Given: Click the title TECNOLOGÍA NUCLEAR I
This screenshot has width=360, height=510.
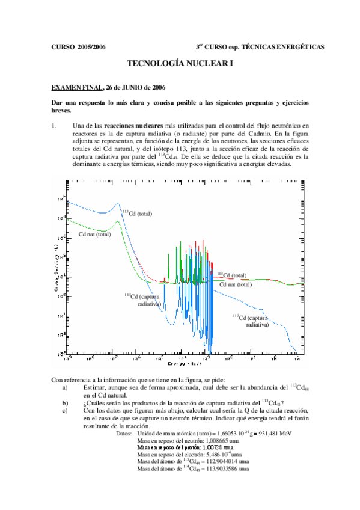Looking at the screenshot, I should pos(180,63).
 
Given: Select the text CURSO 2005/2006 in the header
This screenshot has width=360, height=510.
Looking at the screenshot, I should pos(79,46).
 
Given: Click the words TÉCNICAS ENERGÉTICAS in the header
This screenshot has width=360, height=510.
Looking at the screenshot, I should pos(282,46).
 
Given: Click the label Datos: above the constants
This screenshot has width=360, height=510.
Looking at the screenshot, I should pos(123,433).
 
